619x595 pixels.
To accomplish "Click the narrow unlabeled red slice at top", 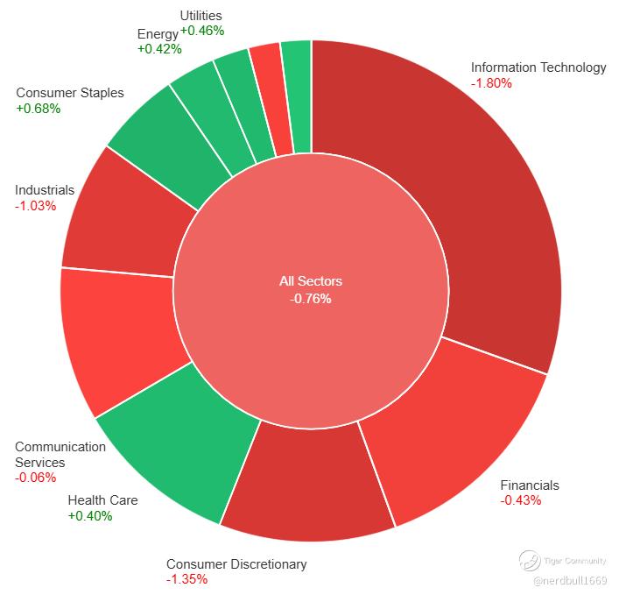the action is pyautogui.click(x=272, y=99).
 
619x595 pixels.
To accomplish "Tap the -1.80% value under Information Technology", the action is pyautogui.click(x=491, y=83).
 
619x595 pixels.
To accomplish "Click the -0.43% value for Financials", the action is pyautogui.click(x=521, y=500).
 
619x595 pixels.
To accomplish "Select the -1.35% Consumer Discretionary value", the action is pyautogui.click(x=186, y=579).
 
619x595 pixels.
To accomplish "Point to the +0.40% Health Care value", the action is pyautogui.click(x=90, y=516).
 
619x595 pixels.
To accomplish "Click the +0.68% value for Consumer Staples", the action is pyautogui.click(x=39, y=109).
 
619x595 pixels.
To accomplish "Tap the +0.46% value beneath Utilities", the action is pyautogui.click(x=202, y=31).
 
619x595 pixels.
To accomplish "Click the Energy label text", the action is pyautogui.click(x=158, y=35).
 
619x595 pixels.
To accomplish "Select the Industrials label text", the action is pyautogui.click(x=45, y=190).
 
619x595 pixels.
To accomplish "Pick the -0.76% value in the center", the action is pyautogui.click(x=310, y=299).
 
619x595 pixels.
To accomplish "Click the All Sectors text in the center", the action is pyautogui.click(x=311, y=281).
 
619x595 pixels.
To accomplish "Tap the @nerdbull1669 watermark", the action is pyautogui.click(x=570, y=580).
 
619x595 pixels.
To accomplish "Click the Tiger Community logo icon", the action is pyautogui.click(x=530, y=561).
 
